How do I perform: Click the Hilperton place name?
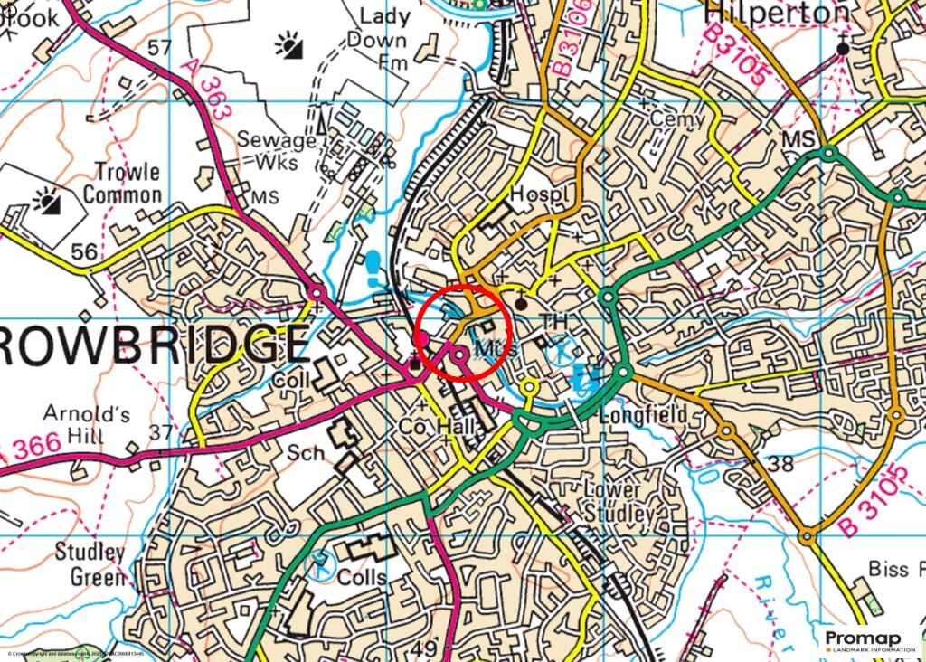(x=776, y=13)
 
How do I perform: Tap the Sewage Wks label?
(x=276, y=151)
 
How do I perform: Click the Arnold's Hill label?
(x=87, y=425)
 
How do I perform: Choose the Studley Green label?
(x=90, y=563)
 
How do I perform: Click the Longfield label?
(x=643, y=415)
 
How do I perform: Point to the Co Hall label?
(x=439, y=427)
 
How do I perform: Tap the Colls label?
(x=361, y=576)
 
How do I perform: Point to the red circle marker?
(x=464, y=330)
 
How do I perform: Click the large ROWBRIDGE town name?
(x=154, y=345)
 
